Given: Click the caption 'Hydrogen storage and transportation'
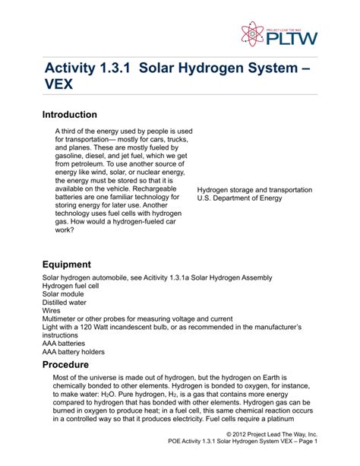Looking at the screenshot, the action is coord(261,189).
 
